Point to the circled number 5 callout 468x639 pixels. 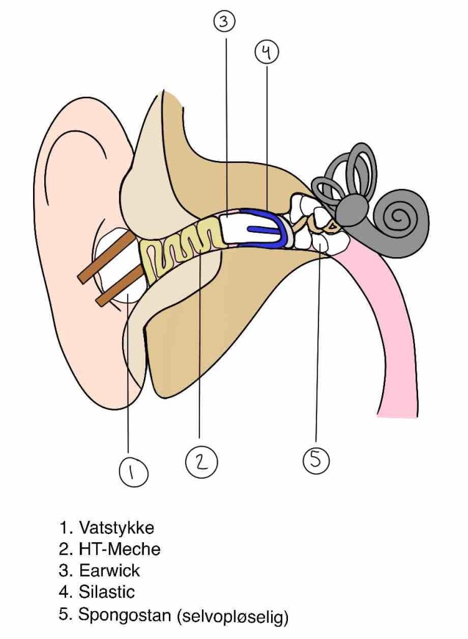[315, 461]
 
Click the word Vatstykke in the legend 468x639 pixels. [117, 527]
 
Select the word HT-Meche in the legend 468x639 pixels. [120, 549]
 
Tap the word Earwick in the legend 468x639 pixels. [110, 570]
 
